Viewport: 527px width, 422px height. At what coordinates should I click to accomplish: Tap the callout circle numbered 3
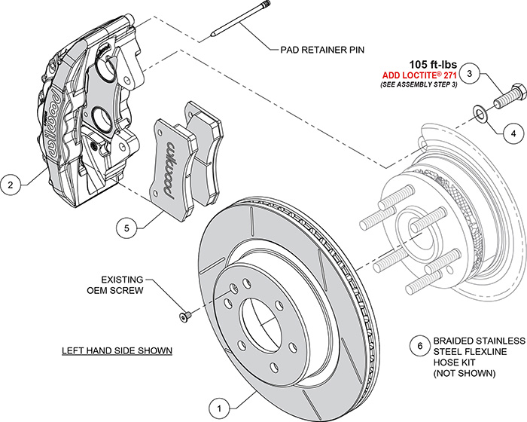[470, 74]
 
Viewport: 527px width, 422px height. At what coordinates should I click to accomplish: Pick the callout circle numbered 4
[513, 133]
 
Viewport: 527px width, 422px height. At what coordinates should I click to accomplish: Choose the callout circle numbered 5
[128, 225]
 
